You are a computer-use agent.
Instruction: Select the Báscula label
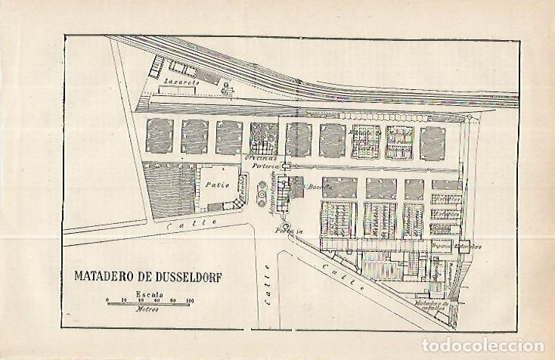[313, 186]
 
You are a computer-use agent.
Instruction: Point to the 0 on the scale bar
[107, 301]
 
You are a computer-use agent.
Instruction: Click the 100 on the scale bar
[190, 301]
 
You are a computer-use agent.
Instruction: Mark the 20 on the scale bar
[124, 301]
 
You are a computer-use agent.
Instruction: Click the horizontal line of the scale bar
[148, 305]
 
